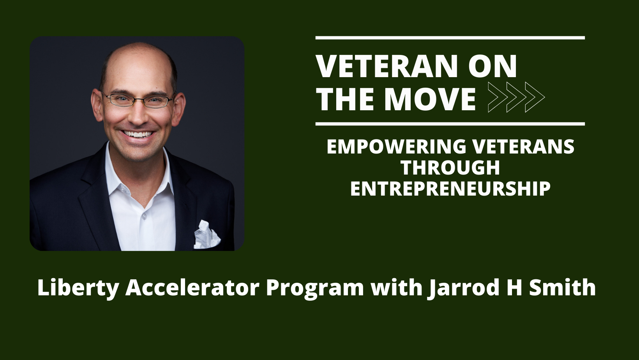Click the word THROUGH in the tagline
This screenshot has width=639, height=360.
point(450,168)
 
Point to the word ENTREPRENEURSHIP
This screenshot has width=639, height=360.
point(450,189)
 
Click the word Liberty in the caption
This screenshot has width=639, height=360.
point(78,288)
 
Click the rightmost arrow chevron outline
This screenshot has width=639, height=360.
point(535,97)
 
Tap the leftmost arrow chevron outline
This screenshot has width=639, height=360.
point(498,97)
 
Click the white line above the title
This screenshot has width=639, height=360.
point(450,38)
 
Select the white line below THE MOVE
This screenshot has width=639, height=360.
point(450,124)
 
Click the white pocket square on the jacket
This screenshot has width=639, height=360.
point(207,235)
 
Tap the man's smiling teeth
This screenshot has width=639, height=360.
point(138,134)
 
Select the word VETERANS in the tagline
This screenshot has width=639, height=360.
point(523,146)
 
